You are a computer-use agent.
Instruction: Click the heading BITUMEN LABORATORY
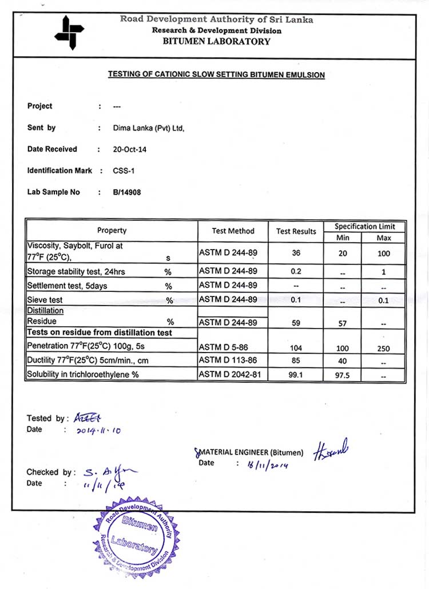pos(216,41)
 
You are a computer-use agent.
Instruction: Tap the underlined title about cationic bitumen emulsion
pos(216,74)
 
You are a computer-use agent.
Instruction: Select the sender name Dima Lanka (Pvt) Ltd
pos(149,128)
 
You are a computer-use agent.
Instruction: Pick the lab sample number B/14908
pos(127,192)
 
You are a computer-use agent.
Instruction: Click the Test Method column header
pos(233,231)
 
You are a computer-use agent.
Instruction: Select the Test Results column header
pos(296,231)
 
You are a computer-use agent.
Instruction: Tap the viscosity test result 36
pos(296,252)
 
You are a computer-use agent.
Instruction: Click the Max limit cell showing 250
pos(384,347)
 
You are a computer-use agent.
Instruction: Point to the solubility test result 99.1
pos(296,375)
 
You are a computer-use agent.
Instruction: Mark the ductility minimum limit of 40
pos(343,361)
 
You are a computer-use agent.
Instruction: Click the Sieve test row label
pos(45,300)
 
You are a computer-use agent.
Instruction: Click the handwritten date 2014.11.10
pos(98,430)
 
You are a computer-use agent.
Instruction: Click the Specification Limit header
pos(364,227)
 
